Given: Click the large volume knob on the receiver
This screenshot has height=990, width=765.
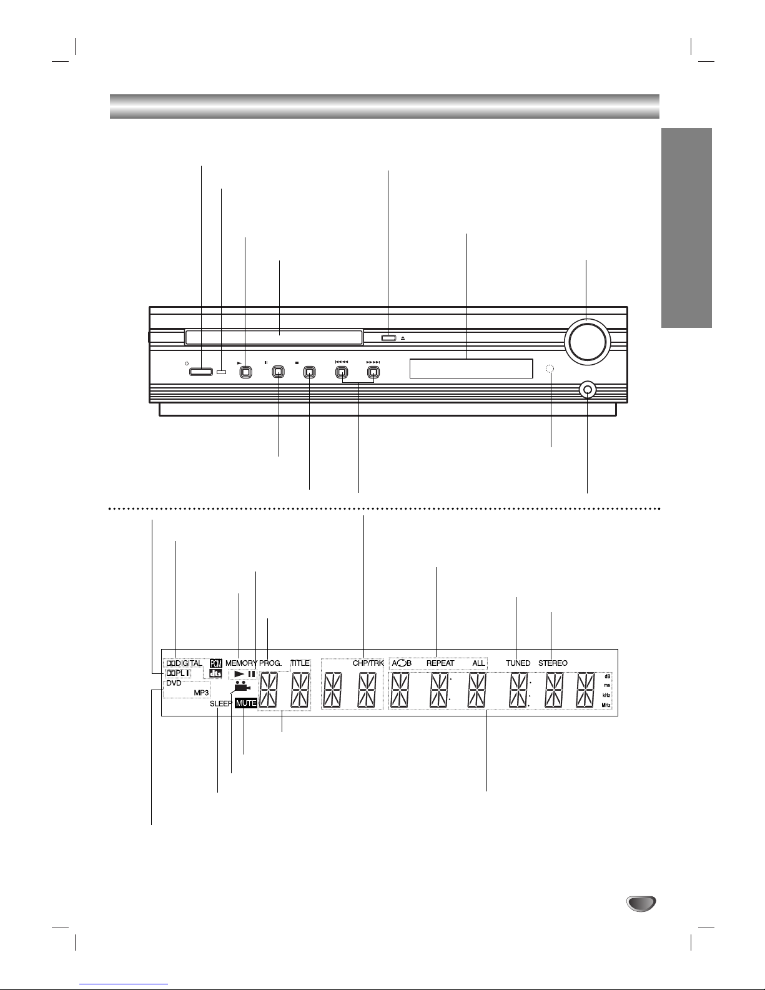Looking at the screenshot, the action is [x=587, y=342].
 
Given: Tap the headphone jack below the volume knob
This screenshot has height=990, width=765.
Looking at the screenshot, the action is [x=588, y=390].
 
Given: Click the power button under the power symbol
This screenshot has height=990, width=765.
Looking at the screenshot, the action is [x=201, y=372].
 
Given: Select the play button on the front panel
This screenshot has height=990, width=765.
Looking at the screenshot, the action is [x=246, y=372].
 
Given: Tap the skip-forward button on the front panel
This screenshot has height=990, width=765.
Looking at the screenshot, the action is [x=373, y=372].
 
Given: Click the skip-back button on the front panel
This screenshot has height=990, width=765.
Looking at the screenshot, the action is [x=342, y=372].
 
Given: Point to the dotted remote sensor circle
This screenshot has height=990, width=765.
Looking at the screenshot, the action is [x=550, y=369].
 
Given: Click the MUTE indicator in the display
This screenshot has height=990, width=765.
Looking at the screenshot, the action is [x=246, y=703].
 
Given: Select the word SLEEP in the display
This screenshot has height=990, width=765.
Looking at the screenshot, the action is [x=221, y=704].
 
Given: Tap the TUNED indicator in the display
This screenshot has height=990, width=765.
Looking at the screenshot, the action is [x=518, y=663].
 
